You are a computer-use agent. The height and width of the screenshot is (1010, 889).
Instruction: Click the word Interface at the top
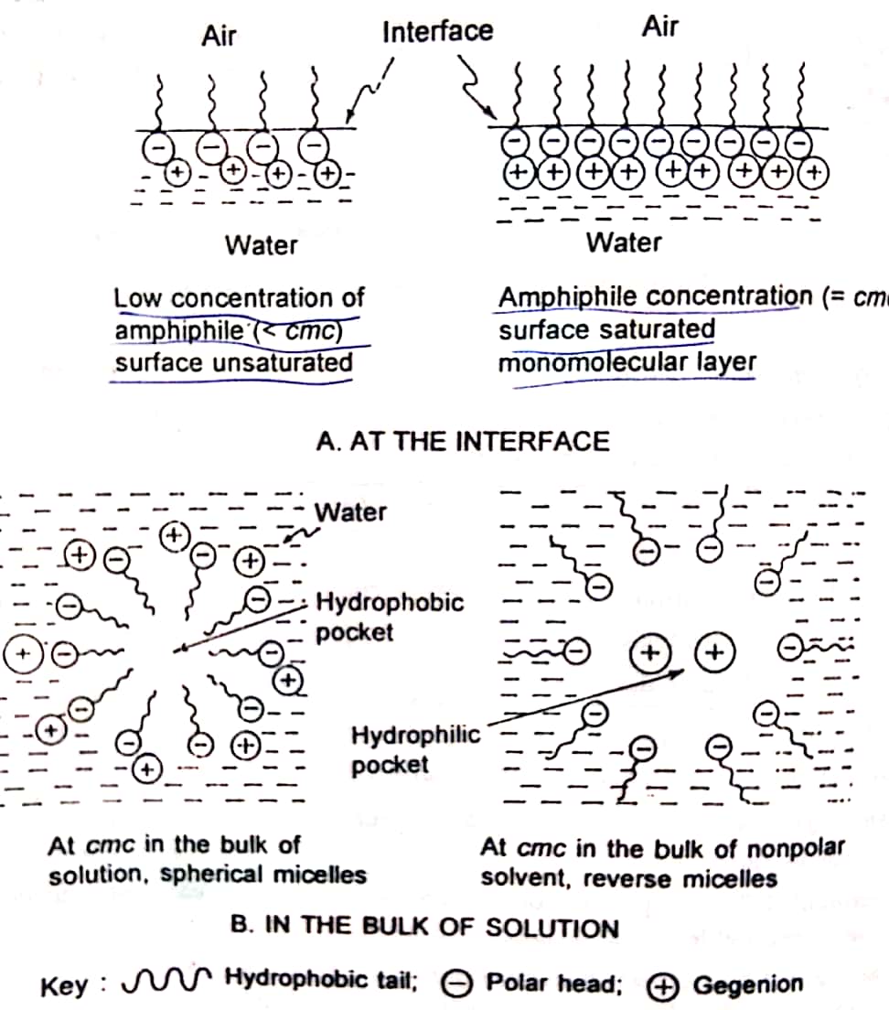[x=437, y=32]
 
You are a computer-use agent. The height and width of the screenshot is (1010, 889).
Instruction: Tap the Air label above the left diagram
[x=219, y=36]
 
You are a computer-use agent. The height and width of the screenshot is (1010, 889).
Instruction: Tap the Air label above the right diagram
[x=659, y=27]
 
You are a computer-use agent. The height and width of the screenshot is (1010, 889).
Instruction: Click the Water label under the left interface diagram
[x=261, y=245]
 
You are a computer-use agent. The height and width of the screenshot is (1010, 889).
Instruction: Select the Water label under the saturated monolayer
[x=624, y=242]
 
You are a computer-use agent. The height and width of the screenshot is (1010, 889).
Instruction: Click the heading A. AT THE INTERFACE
[x=462, y=442]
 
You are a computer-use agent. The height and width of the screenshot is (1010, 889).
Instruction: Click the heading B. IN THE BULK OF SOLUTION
[x=425, y=928]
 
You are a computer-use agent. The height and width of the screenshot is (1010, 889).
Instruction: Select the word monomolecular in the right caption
[x=594, y=363]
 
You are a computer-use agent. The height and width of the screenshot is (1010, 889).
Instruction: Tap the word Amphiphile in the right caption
[x=559, y=297]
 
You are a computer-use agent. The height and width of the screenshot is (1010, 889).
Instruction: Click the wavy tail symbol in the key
[x=170, y=984]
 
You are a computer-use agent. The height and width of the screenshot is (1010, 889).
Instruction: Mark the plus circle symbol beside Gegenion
[x=659, y=985]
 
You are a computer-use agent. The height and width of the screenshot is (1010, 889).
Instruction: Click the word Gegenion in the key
[x=747, y=984]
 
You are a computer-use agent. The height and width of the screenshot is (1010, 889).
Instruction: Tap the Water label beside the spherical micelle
[x=350, y=511]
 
